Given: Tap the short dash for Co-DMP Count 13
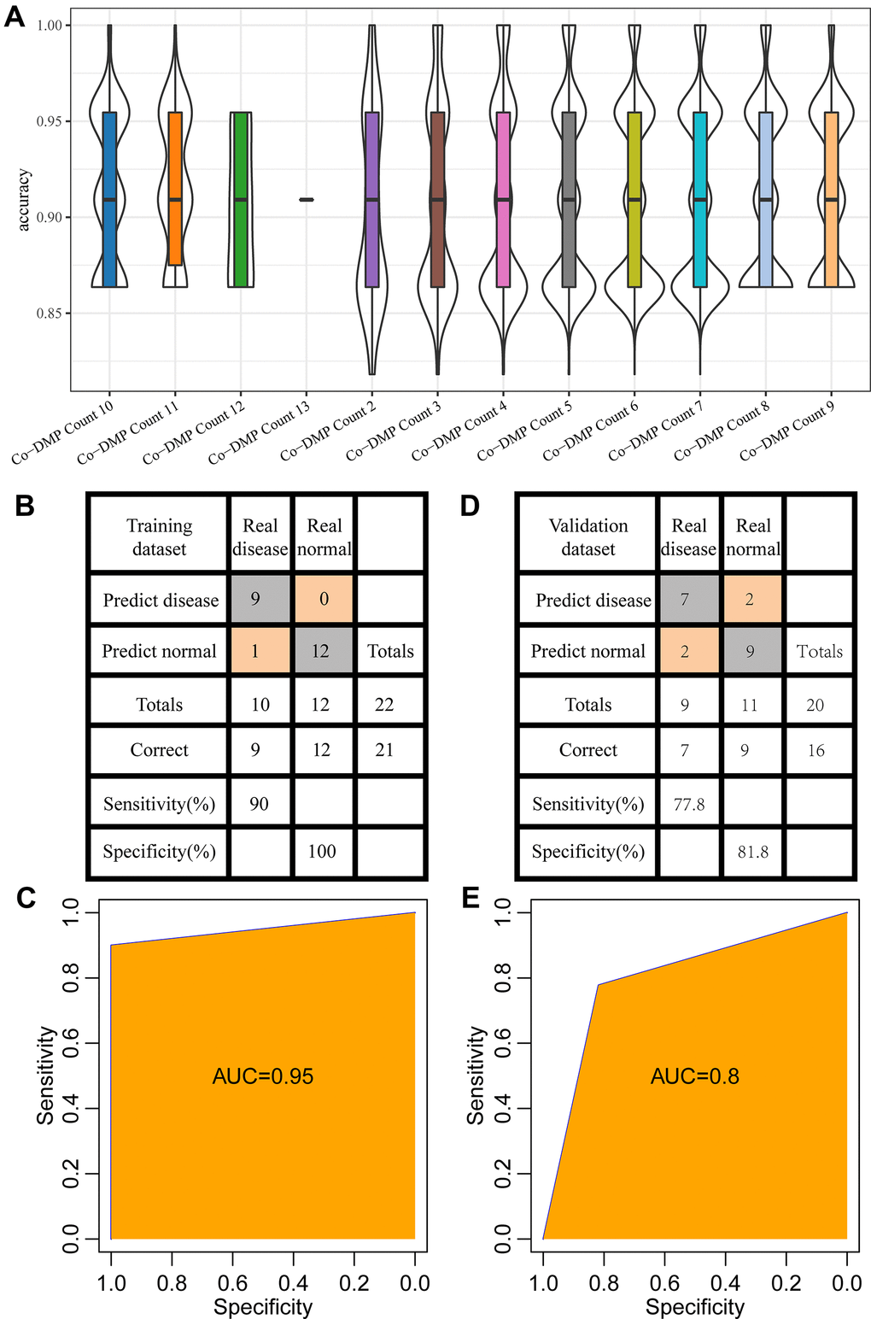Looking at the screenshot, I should click(307, 200).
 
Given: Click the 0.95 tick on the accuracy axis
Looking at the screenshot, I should click(50, 121).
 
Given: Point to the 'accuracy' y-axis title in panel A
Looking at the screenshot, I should click(24, 200).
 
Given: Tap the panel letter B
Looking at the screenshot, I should click(25, 506).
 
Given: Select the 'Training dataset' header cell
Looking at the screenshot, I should click(159, 536).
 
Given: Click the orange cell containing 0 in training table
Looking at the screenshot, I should click(324, 599).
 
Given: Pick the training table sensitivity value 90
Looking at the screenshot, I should click(259, 803).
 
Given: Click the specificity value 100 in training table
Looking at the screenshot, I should click(322, 851).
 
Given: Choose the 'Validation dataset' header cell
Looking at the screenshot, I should click(587, 536).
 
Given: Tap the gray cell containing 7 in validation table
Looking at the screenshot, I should click(685, 599).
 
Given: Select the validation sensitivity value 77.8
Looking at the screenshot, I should click(689, 804).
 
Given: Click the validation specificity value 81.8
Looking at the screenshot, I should click(752, 852).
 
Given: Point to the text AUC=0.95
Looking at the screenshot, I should click(262, 1076).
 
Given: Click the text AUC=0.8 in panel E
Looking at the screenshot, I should click(695, 1076).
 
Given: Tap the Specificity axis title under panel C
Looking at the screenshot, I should click(262, 1307).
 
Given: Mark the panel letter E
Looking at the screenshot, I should click(470, 898).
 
